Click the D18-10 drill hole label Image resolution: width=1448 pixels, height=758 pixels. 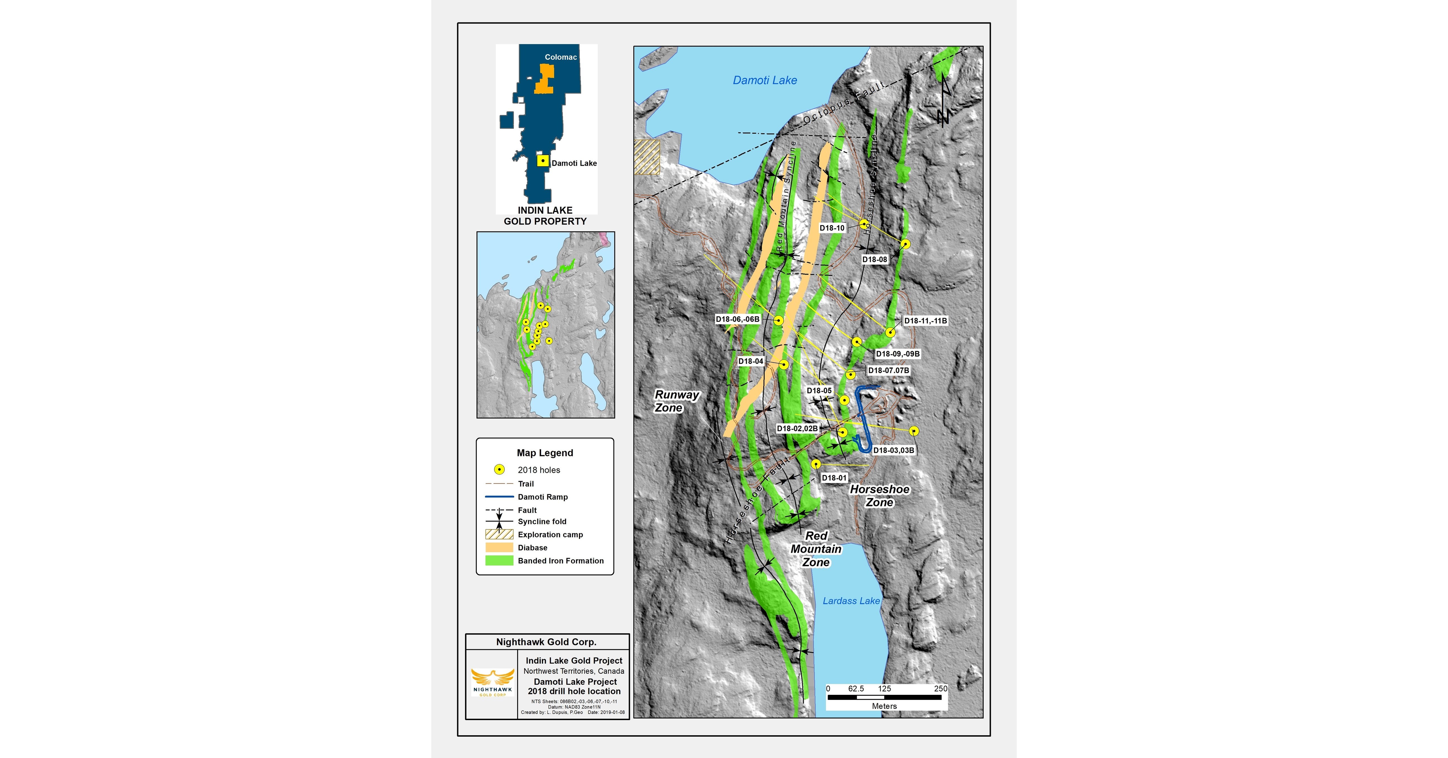832,228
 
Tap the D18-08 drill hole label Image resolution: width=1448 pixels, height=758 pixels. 875,259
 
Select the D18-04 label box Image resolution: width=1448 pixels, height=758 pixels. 751,361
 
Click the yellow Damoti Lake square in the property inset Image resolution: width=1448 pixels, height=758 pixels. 542,161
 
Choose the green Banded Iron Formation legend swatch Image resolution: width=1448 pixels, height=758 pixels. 499,561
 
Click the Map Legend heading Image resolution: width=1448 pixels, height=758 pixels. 545,453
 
